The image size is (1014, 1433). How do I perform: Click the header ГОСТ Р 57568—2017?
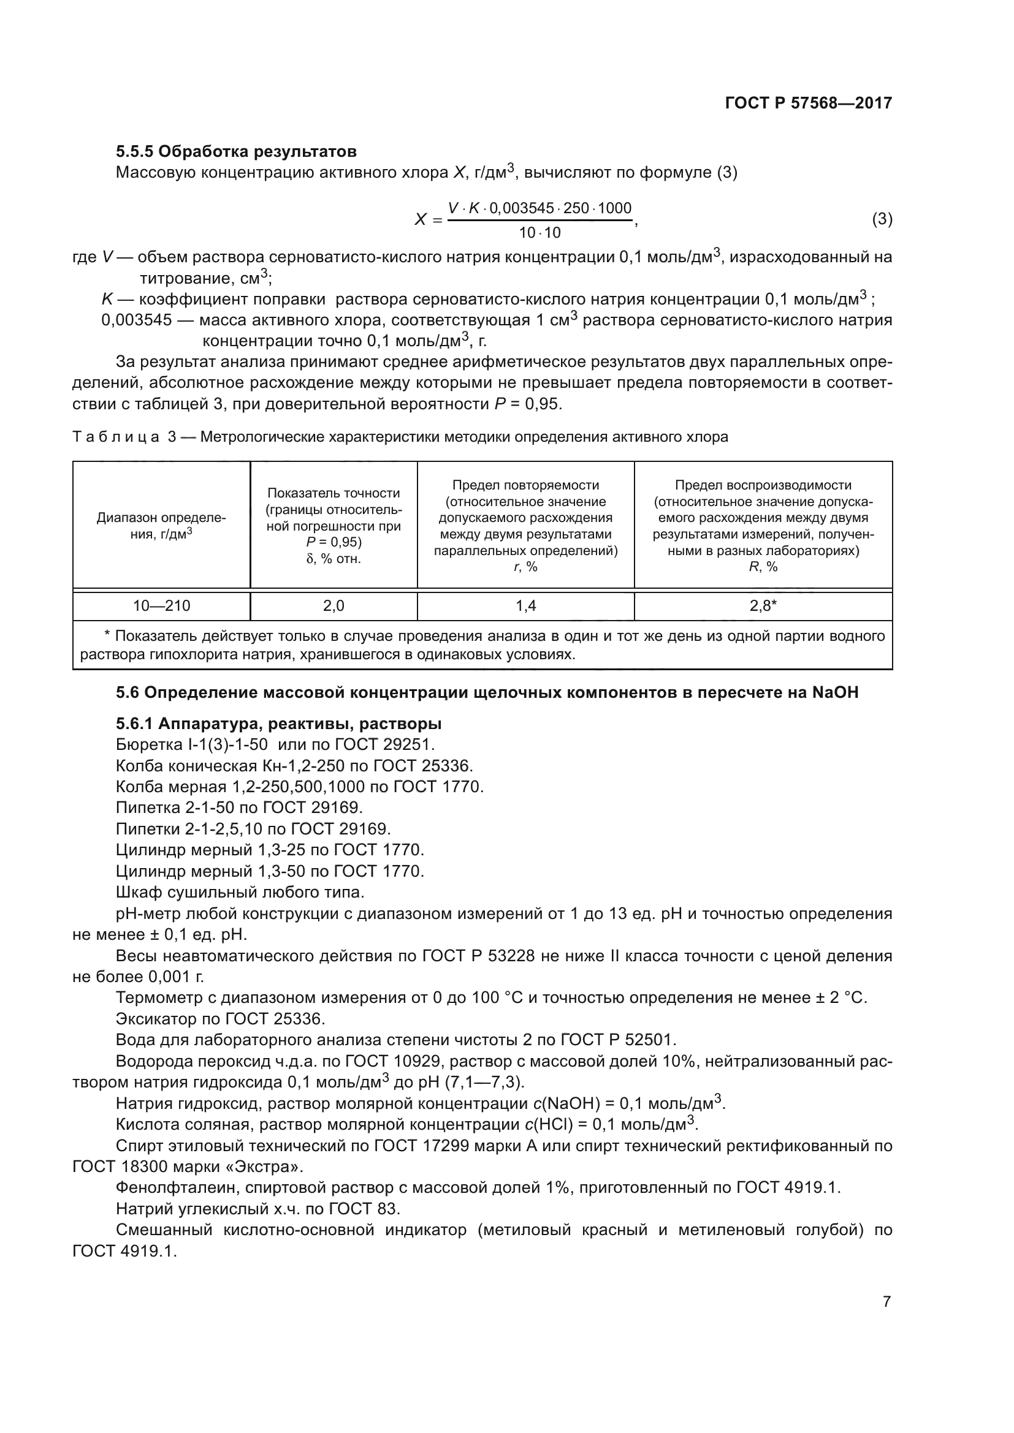tap(809, 103)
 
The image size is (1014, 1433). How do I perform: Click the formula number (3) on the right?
tap(882, 219)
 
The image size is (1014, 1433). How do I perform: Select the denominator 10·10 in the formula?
tap(539, 233)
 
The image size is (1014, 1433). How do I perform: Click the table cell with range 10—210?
tap(161, 605)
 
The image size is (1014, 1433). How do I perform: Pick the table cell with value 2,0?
tap(334, 605)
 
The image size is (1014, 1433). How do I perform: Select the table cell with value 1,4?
tap(525, 605)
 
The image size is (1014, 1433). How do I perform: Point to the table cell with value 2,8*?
tap(763, 605)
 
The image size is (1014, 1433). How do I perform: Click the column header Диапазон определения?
tap(161, 526)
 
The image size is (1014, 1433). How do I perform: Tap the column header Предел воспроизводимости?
tap(763, 485)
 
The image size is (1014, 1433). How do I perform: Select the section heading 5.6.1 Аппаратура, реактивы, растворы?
tap(278, 724)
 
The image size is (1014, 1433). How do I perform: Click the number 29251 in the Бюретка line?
tap(407, 744)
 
